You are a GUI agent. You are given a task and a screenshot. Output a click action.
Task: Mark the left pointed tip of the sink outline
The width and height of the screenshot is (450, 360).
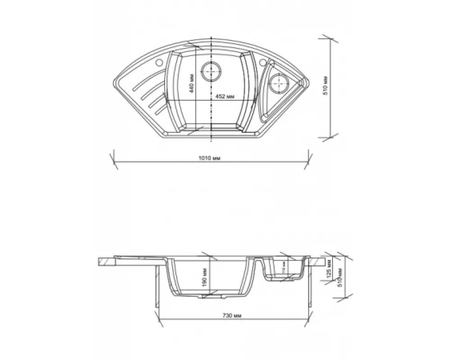(x=112, y=81)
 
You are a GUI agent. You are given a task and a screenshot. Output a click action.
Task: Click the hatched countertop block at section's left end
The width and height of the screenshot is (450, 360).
(x=106, y=261)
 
